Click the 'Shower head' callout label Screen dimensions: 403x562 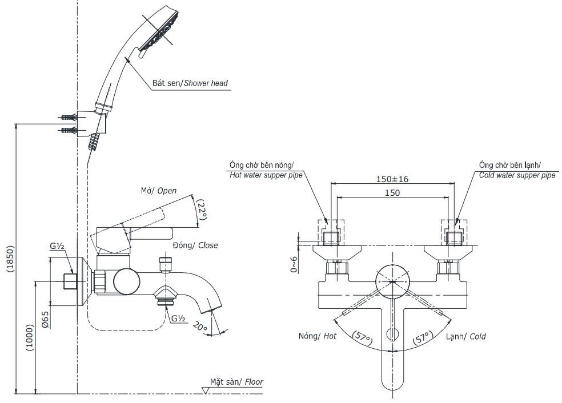coord(190,83)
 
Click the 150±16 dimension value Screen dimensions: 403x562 coord(392,179)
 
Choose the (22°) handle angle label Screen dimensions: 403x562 coord(201,209)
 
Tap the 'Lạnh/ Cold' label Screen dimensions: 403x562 coord(465,337)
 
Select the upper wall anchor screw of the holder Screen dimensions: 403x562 coord(67,118)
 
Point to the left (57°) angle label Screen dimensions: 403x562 coord(362,339)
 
